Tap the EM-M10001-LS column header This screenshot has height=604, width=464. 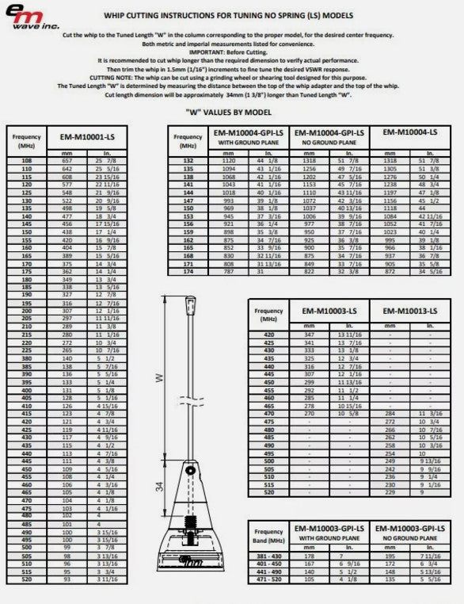point(87,137)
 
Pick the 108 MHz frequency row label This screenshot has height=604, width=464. point(27,161)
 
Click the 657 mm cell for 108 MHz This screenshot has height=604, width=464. point(67,161)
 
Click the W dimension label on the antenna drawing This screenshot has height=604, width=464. point(161,379)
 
